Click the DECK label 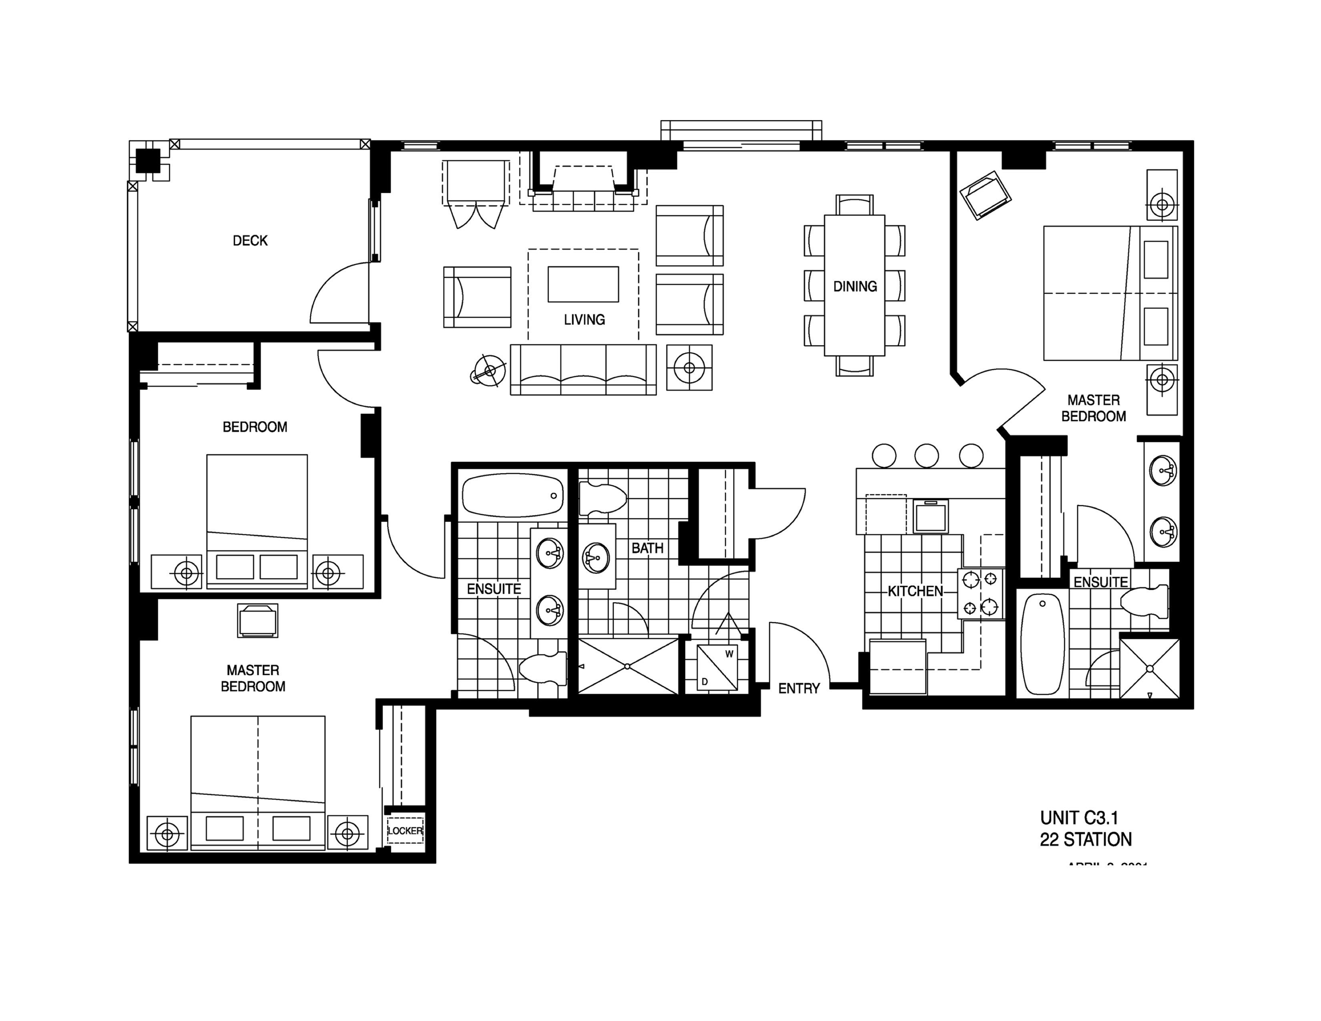coord(250,241)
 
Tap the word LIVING coord(584,320)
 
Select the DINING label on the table coord(855,286)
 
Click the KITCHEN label coord(915,591)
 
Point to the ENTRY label coord(799,688)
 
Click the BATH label coord(647,548)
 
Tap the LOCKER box coord(405,830)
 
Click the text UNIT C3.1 coord(1079,818)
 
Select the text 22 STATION coord(1086,840)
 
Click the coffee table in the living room coord(583,284)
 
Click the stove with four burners coord(980,593)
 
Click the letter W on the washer coord(729,654)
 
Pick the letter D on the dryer coord(705,682)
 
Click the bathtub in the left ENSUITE coord(513,495)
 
